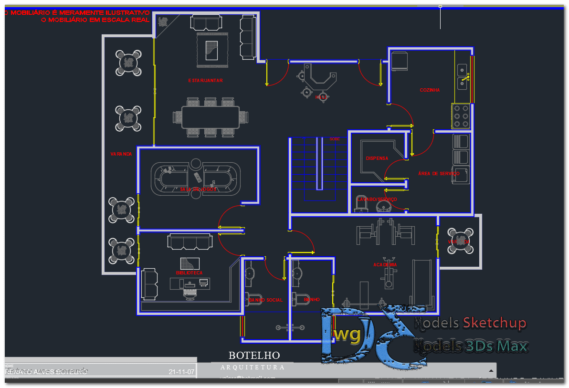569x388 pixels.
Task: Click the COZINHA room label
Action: pos(430,90)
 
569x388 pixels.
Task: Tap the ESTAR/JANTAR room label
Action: pos(205,81)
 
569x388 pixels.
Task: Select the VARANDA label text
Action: pos(121,154)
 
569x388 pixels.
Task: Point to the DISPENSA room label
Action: pos(377,158)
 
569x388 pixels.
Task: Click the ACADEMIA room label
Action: pos(385,264)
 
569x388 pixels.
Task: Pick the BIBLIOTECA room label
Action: pos(189,273)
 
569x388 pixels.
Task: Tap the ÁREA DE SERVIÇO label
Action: pos(438,174)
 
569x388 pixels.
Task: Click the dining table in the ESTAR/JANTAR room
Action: pos(211,117)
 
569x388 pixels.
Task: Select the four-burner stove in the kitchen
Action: pos(461,116)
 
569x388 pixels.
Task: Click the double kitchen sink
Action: pos(462,77)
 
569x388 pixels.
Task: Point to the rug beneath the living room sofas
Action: pos(212,49)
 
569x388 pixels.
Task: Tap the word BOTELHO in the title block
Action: pos(254,356)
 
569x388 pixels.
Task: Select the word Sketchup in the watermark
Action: pos(494,323)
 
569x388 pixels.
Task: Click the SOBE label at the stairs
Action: pos(335,139)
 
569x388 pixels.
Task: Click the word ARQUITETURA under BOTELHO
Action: pos(253,367)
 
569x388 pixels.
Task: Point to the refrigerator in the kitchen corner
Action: pos(399,61)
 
